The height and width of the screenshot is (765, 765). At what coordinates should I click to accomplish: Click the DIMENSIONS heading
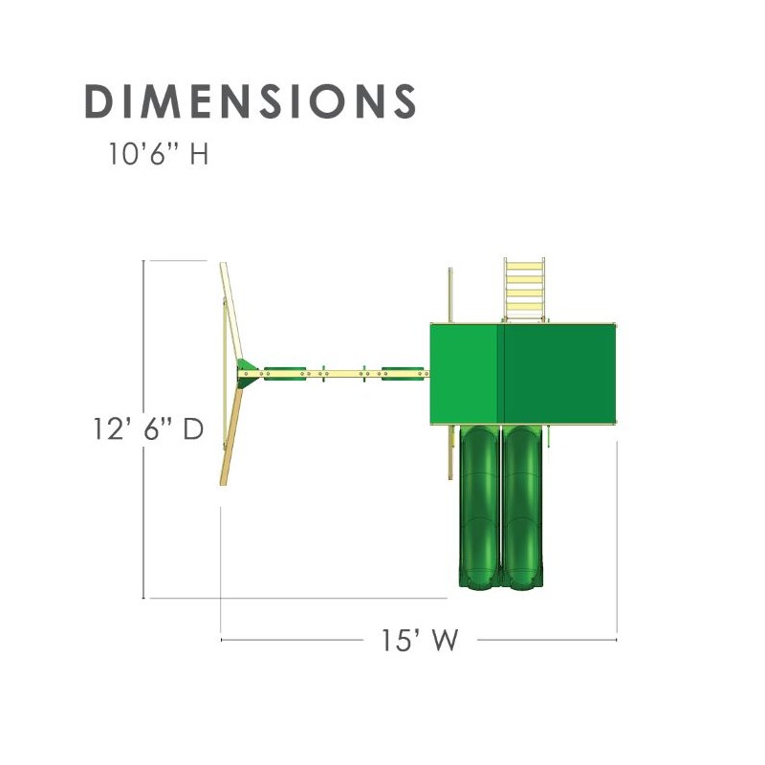(x=251, y=101)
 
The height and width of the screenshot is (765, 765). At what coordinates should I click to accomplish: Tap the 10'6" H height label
(x=159, y=153)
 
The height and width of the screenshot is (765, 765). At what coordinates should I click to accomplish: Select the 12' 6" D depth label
(x=148, y=429)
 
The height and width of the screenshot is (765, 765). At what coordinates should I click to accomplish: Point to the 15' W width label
(x=420, y=640)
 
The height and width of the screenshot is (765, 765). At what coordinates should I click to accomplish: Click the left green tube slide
(x=480, y=507)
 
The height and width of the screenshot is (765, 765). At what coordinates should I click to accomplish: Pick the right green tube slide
(x=522, y=507)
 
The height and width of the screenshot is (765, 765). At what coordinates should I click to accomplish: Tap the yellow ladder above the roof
(x=524, y=290)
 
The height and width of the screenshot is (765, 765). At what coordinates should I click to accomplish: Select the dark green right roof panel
(x=559, y=374)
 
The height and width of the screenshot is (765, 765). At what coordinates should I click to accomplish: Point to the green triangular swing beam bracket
(x=247, y=373)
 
